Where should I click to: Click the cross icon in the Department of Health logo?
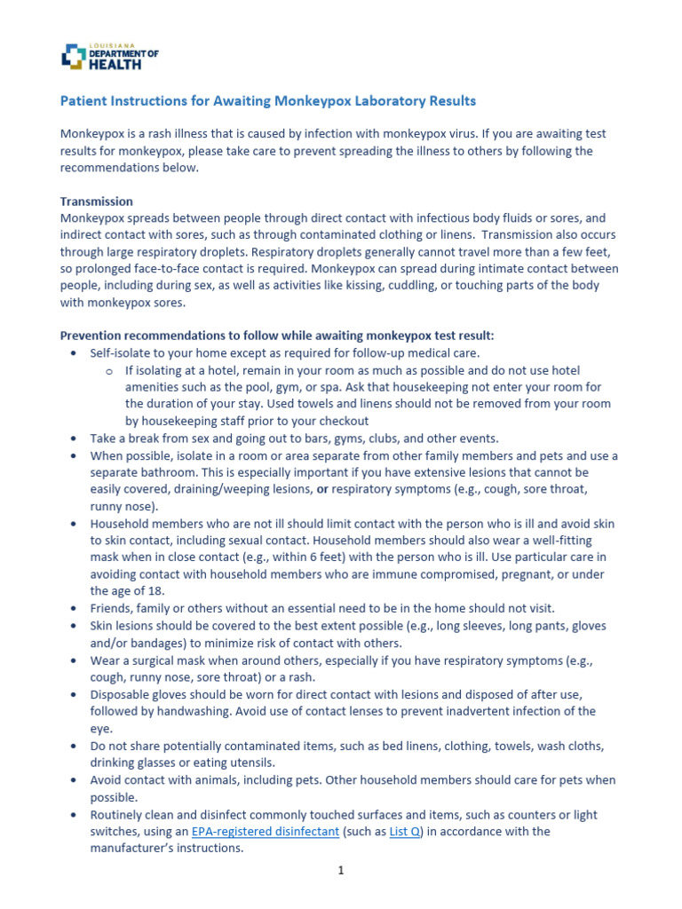73,56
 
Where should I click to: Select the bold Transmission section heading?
96,202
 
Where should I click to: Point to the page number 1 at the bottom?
340,872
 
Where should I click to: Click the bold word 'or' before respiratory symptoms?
324,489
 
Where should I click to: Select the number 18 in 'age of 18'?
155,591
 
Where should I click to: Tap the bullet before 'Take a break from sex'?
73,439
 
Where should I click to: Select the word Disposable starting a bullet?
120,694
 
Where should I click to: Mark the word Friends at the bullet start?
111,608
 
